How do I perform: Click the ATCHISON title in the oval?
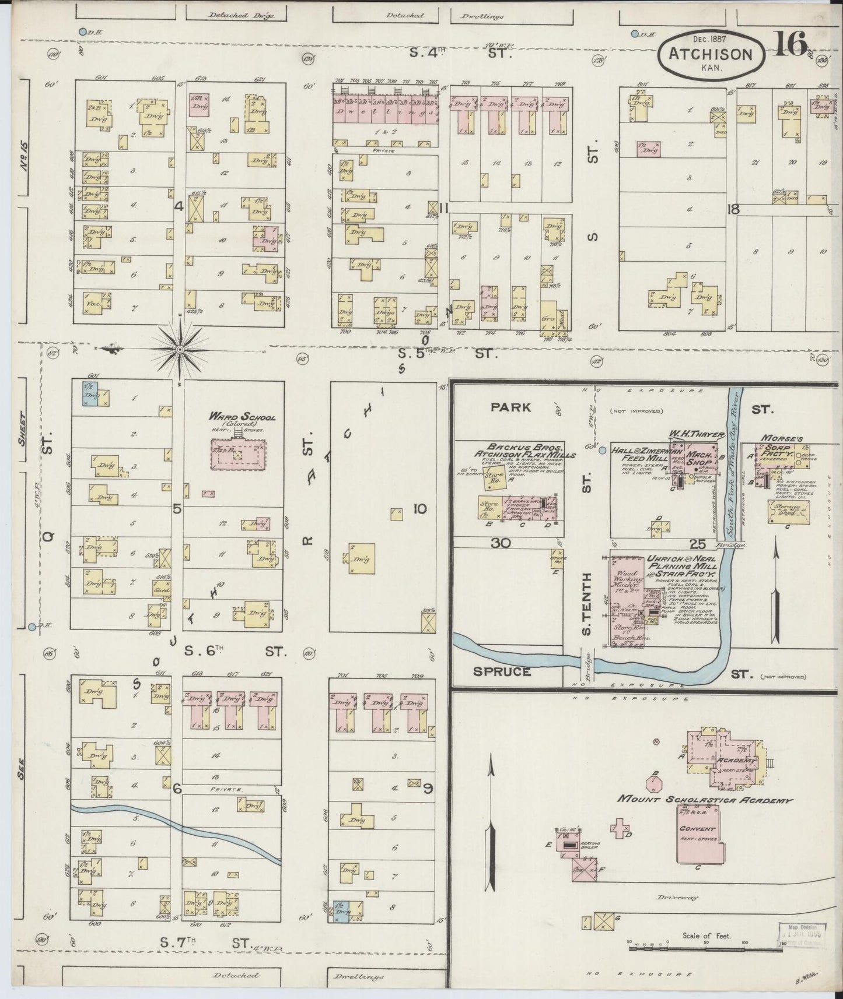(710, 54)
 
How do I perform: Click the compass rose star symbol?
(180, 349)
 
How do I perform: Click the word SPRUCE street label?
(502, 671)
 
